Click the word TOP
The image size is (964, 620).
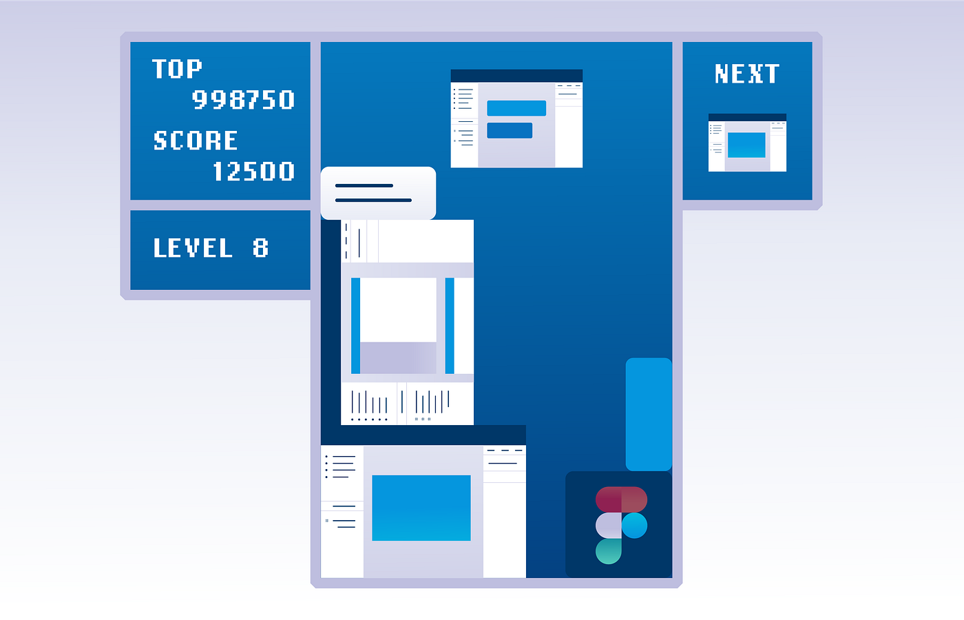coord(177,69)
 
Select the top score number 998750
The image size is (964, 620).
coord(243,101)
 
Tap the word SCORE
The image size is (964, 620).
coord(196,141)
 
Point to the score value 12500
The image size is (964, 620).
coord(253,172)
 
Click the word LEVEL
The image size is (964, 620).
coord(193,248)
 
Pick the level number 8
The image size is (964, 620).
coord(260,248)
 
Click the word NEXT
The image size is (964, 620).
coord(747,74)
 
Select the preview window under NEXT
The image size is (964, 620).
coord(747,143)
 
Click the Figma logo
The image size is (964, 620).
coord(620,525)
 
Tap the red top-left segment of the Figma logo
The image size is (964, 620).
coord(609,499)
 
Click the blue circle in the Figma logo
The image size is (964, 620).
coord(634,525)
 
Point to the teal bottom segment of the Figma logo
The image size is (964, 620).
coord(609,551)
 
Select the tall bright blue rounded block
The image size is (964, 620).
coord(649,414)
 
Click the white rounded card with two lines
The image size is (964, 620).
coord(378,193)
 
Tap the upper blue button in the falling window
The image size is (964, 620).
coord(516,108)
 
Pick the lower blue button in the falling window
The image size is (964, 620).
coord(510,130)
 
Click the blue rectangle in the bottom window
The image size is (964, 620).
coord(421,508)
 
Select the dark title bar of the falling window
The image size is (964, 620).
coord(516,76)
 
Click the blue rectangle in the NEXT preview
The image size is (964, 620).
coord(746,145)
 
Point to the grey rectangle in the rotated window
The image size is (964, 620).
coord(398,358)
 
